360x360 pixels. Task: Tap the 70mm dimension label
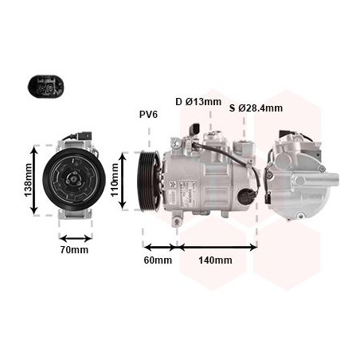click(75, 250)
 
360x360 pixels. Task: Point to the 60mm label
click(158, 260)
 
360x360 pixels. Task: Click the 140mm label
click(217, 260)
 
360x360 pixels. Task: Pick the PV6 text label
click(149, 115)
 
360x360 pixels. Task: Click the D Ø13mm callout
click(198, 101)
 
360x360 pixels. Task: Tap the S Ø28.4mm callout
click(256, 108)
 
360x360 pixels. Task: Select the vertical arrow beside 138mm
click(34, 180)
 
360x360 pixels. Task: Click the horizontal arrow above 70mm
click(76, 237)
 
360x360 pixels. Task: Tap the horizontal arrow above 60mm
click(160, 247)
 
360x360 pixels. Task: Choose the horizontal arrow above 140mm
click(217, 247)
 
